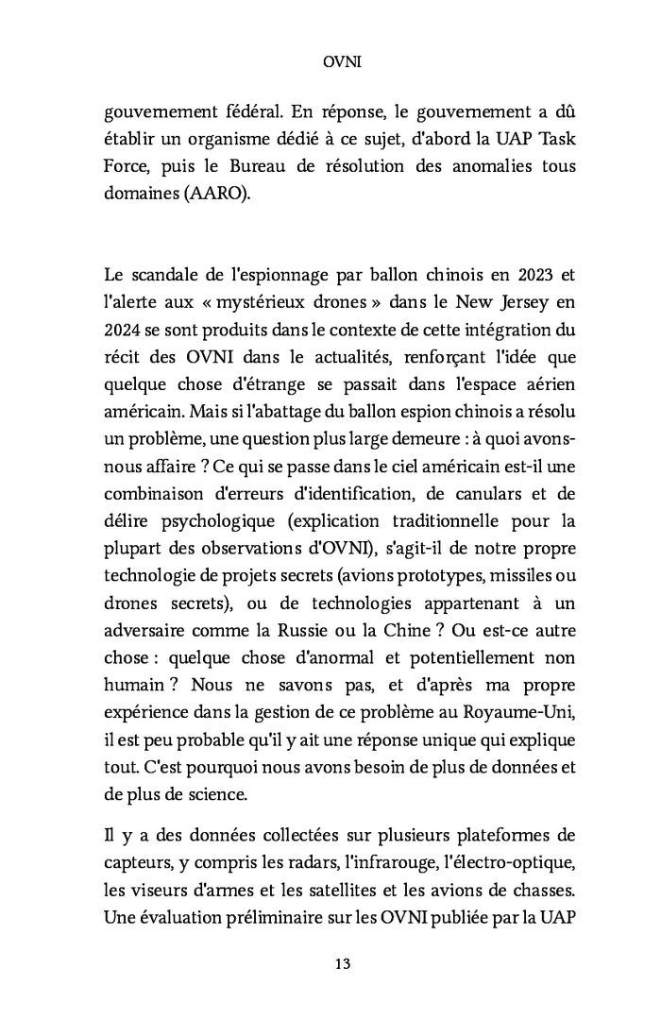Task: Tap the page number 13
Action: click(330, 963)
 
